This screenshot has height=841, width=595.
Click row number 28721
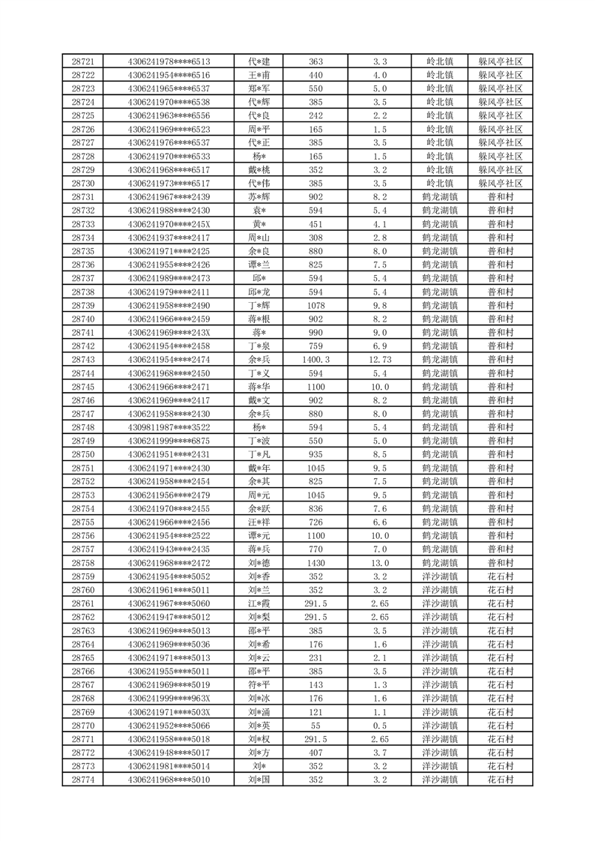click(x=82, y=61)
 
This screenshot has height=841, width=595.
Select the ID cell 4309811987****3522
click(x=169, y=427)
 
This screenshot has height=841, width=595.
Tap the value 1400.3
click(x=316, y=360)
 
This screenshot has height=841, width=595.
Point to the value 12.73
click(x=380, y=360)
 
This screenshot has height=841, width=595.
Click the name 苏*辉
click(x=259, y=197)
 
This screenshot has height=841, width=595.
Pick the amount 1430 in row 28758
click(x=316, y=563)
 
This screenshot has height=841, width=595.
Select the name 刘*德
click(x=259, y=563)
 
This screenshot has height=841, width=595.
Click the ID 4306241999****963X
click(x=169, y=699)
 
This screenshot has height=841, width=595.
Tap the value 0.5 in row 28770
click(x=380, y=726)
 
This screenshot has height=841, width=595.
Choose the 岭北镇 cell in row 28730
click(x=440, y=184)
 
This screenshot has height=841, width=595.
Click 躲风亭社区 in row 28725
click(x=501, y=115)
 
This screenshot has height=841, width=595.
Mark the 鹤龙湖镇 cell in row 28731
click(x=440, y=197)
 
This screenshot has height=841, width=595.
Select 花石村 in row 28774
click(x=501, y=780)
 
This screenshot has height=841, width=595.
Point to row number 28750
click(x=82, y=454)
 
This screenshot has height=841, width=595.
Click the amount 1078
click(x=316, y=306)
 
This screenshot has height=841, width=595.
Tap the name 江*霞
click(x=259, y=603)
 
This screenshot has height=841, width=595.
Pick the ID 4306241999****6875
click(x=169, y=441)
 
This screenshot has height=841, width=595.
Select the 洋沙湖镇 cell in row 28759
click(x=440, y=576)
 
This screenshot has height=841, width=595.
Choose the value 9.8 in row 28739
click(x=380, y=306)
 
